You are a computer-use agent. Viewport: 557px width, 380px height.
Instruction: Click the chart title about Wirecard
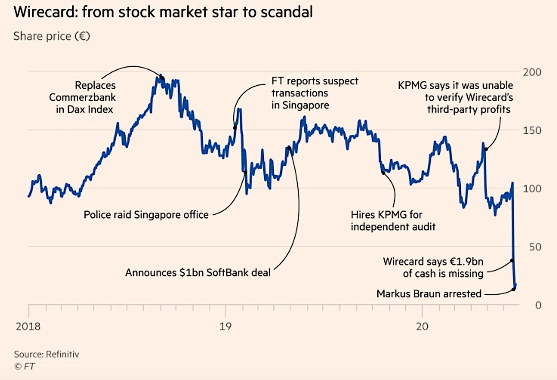(x=163, y=12)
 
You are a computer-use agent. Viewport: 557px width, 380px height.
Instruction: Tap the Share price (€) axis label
(x=51, y=36)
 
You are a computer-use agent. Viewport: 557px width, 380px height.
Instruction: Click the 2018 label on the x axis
(x=28, y=326)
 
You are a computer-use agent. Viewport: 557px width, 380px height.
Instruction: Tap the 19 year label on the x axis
(x=225, y=326)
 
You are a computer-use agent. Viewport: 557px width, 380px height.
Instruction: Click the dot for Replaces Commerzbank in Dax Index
(x=162, y=78)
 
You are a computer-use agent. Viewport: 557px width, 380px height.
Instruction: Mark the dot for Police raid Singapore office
(x=245, y=172)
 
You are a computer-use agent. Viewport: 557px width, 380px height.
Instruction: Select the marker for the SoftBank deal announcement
(x=289, y=148)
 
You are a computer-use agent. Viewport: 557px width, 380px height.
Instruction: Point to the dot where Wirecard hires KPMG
(x=383, y=173)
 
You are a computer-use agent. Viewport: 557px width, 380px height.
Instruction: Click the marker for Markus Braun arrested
(x=513, y=289)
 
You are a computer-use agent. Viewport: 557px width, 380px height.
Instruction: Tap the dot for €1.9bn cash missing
(x=512, y=260)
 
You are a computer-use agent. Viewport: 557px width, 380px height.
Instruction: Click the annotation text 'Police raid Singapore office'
(x=146, y=215)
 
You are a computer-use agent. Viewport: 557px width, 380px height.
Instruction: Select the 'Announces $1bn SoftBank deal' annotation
(x=198, y=273)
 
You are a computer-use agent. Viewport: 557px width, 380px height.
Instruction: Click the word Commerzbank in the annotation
(x=83, y=97)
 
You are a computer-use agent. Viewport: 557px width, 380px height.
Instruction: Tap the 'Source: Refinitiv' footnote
(x=47, y=354)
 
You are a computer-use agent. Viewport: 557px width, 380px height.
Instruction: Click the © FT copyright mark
(x=24, y=366)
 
